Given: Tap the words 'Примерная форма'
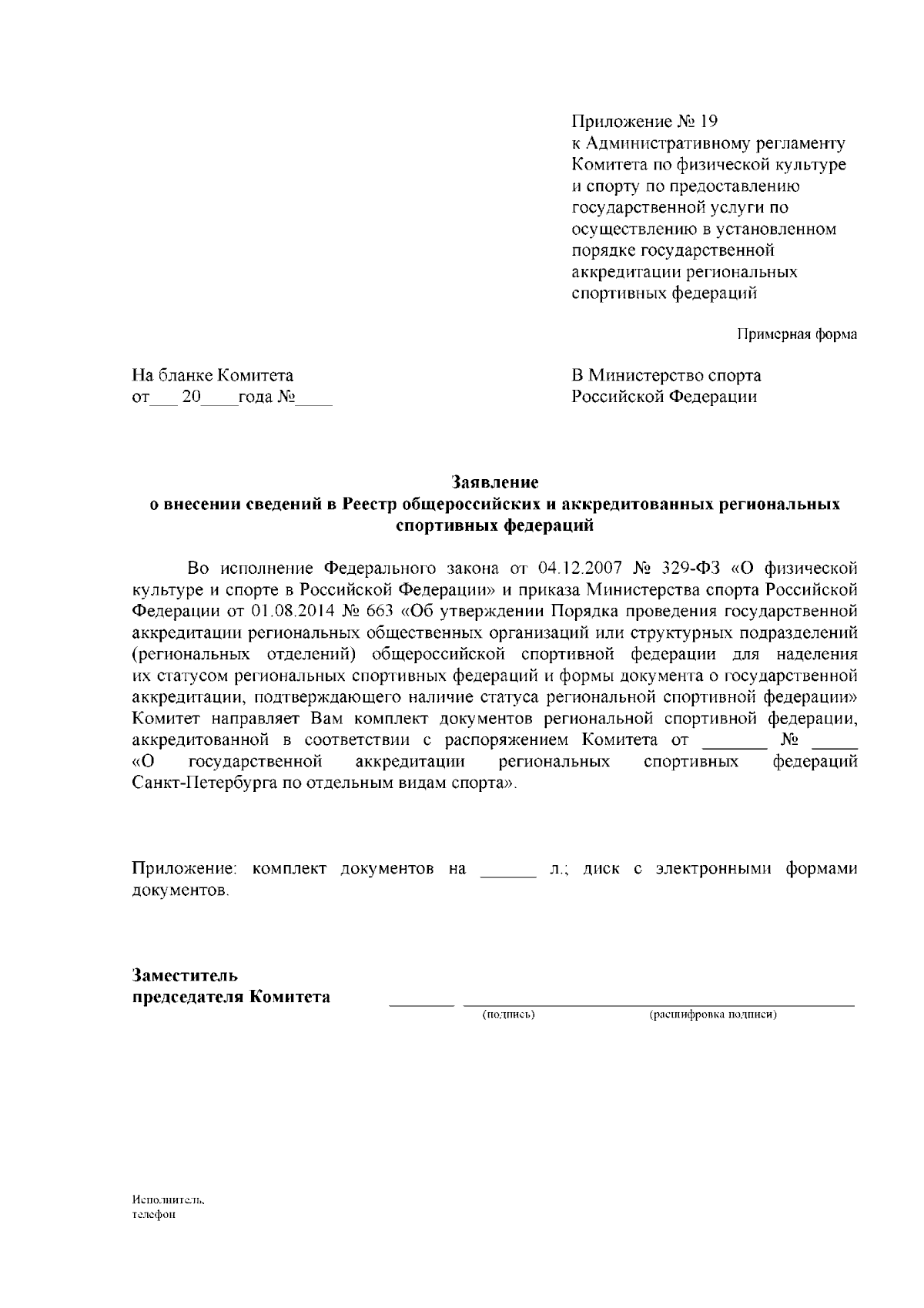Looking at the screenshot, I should click(797, 334).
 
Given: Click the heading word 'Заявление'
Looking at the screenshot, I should click(494, 483).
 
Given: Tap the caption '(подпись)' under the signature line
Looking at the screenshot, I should click(508, 1015).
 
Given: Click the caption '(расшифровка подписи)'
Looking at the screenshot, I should click(713, 1015).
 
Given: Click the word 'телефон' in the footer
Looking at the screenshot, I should click(154, 1215).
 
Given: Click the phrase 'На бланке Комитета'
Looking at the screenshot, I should click(213, 376).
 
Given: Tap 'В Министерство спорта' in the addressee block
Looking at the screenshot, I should click(666, 376).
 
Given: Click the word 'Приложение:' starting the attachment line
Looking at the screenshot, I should click(184, 869).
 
